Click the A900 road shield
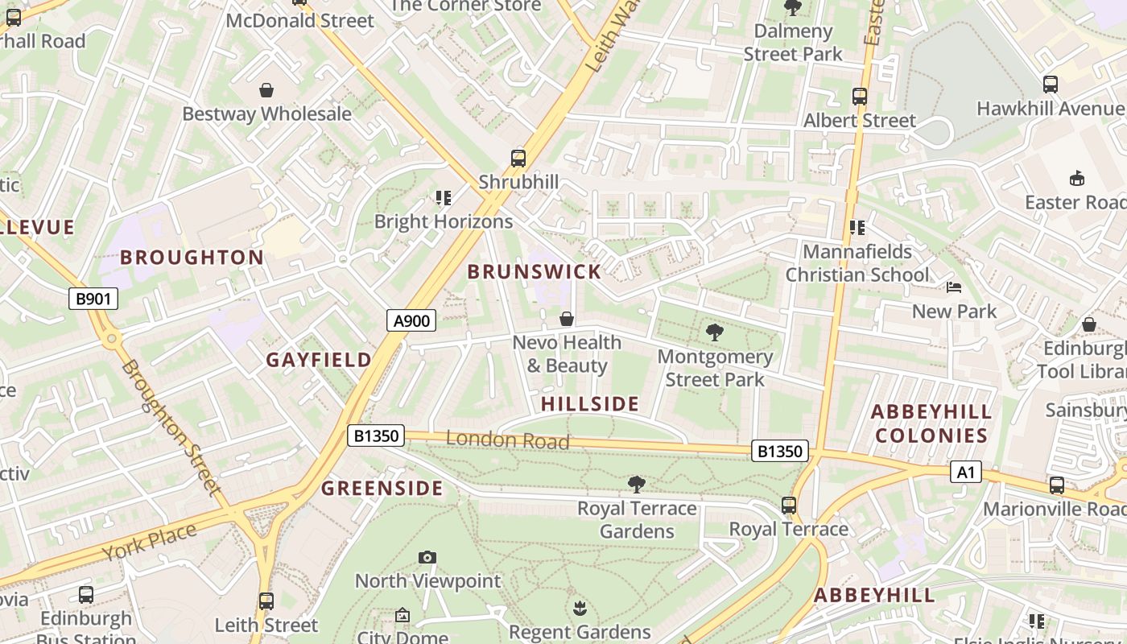(411, 320)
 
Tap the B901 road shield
(93, 299)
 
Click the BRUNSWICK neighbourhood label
(535, 271)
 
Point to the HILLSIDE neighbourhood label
(590, 404)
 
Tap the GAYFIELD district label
(319, 360)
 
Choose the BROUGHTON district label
(192, 258)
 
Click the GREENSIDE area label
(382, 489)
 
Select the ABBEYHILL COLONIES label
(931, 424)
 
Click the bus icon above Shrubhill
(518, 159)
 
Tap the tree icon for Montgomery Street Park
(714, 332)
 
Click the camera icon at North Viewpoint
(427, 557)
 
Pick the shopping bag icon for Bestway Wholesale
(266, 90)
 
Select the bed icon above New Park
(954, 287)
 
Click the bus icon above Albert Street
(860, 97)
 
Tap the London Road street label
(507, 440)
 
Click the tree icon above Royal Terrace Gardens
(637, 484)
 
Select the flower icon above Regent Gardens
(580, 609)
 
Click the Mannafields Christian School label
(857, 263)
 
